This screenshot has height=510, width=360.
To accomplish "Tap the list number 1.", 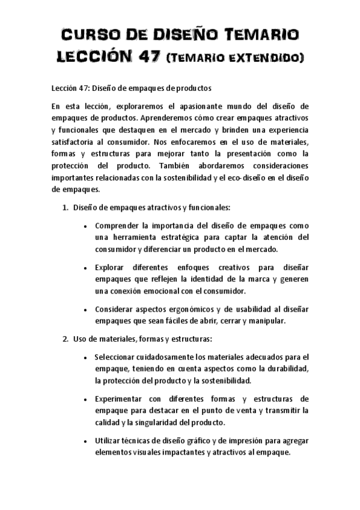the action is pos(66,207).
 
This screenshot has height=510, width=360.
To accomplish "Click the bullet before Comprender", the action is pos(87,227).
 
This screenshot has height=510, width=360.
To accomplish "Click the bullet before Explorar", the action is pos(87,268).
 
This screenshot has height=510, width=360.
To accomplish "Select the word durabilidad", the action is pos(284,369).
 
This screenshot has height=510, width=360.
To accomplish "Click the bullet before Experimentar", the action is pos(87,399).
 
